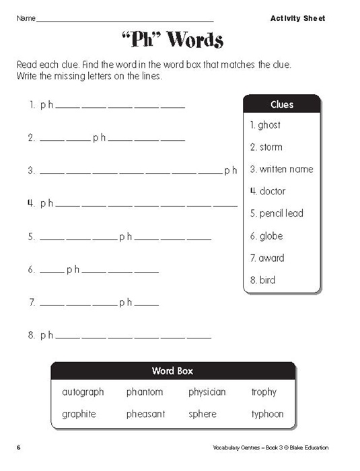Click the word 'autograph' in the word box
click(x=83, y=392)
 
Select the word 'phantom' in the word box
click(x=144, y=392)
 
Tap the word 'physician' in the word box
click(x=207, y=392)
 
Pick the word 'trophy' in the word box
click(x=264, y=392)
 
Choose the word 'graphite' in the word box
click(x=79, y=414)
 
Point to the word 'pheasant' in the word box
click(x=145, y=414)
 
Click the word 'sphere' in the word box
click(x=203, y=414)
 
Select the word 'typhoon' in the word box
click(x=268, y=414)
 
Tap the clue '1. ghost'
click(x=265, y=125)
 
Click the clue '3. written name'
click(x=281, y=169)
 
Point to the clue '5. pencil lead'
click(x=277, y=213)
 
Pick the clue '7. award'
click(x=267, y=258)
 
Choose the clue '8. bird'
click(x=262, y=280)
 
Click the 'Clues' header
click(x=282, y=105)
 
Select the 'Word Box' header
click(x=173, y=371)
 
